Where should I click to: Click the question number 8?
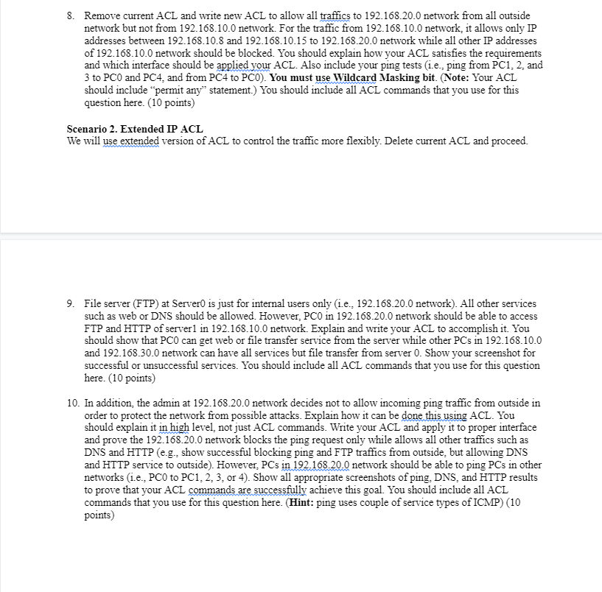(x=71, y=15)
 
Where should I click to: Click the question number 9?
(x=71, y=303)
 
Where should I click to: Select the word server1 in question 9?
(x=193, y=328)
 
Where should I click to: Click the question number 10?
(x=72, y=403)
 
